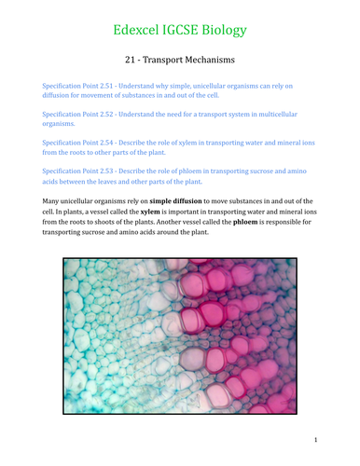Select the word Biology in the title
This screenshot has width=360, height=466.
[228, 31]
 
